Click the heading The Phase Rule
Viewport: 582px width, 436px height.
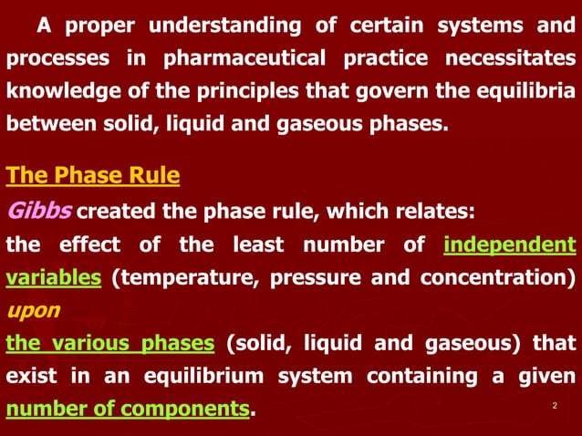93,174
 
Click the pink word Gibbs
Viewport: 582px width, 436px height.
38,213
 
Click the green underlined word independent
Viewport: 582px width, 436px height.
510,245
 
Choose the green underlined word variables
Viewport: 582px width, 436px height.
53,278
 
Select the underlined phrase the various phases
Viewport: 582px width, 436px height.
110,343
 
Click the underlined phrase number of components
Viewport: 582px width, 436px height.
128,410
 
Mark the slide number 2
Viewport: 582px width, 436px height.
555,404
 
